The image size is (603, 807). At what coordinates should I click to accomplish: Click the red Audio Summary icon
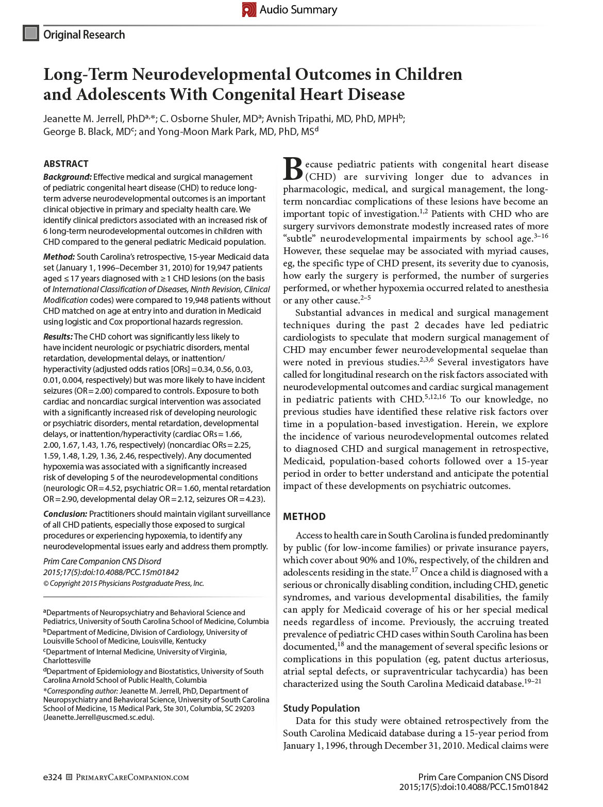tap(249, 10)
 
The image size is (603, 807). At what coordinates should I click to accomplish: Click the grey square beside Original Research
tap(31, 33)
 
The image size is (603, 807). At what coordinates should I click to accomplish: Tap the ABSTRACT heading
tap(66, 164)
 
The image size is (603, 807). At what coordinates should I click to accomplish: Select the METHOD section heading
tap(304, 516)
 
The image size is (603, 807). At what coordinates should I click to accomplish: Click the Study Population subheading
tap(321, 708)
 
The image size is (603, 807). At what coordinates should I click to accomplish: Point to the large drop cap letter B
tap(292, 168)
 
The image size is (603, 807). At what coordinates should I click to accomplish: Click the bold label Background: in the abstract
tap(67, 177)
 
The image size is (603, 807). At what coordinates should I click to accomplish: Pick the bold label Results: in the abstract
tap(58, 337)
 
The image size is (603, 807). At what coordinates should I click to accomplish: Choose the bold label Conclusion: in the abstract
tap(65, 514)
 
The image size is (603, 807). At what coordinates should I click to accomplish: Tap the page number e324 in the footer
tap(52, 777)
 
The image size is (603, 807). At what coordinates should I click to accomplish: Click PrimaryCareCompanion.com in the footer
tap(132, 777)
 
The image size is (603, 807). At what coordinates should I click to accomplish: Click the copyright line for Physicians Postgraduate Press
tap(124, 583)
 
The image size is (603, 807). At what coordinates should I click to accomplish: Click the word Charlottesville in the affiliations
tap(67, 660)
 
